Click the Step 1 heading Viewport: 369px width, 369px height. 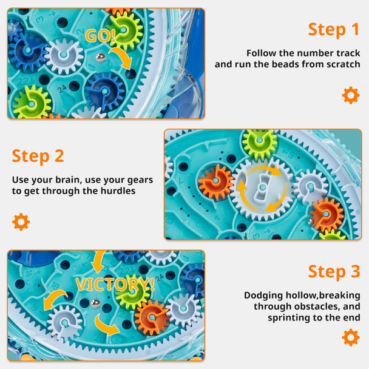[334, 29]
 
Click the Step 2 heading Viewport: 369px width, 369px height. [38, 156]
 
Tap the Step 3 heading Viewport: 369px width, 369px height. [334, 271]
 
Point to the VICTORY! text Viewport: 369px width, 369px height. [115, 283]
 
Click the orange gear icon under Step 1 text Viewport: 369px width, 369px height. [350, 95]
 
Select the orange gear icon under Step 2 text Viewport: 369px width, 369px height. [21, 222]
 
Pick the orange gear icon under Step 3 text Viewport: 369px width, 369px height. [350, 337]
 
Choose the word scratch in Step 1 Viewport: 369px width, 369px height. [344, 64]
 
